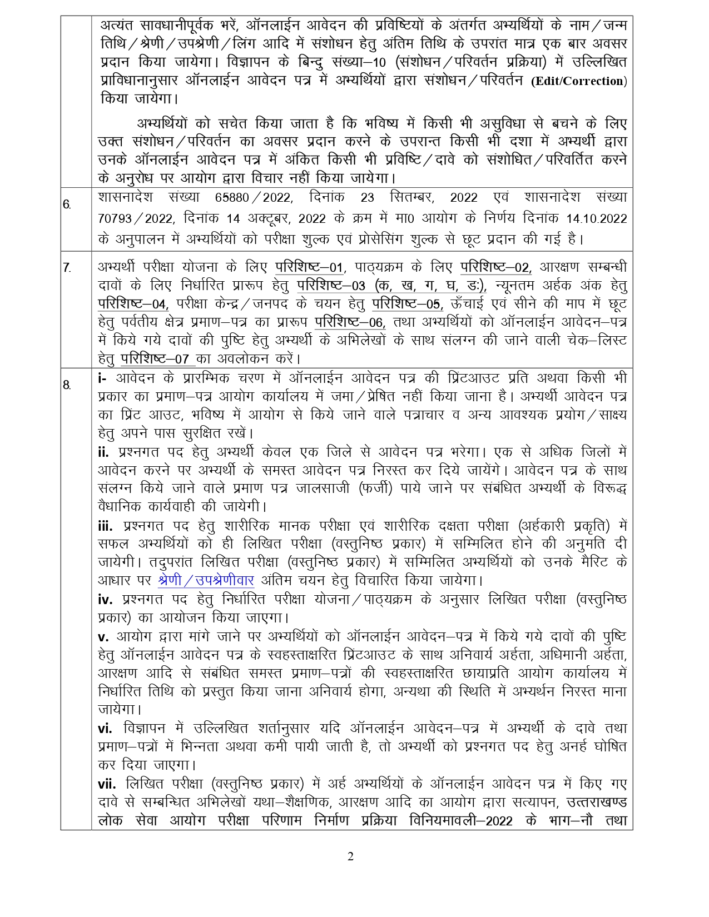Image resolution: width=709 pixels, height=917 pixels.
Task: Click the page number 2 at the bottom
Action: point(350,856)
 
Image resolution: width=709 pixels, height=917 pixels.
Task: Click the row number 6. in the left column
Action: point(67,204)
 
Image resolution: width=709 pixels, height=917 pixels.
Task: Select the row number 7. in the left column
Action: point(67,268)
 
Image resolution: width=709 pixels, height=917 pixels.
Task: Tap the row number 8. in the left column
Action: point(67,385)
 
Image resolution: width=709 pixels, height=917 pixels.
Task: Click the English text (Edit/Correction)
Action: point(579,81)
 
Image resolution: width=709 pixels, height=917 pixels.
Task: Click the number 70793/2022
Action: point(133,218)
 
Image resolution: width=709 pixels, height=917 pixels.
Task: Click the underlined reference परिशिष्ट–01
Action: point(310,267)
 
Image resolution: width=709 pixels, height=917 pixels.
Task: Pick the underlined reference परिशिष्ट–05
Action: point(408,304)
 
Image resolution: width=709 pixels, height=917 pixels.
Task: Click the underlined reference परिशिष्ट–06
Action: point(350,322)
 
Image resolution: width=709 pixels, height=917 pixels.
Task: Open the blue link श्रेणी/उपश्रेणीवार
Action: point(206,581)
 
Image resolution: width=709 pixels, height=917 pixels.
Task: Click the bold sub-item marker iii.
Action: point(105,526)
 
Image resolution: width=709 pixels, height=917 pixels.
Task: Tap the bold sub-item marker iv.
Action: point(105,600)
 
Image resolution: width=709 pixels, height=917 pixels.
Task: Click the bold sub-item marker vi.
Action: point(105,729)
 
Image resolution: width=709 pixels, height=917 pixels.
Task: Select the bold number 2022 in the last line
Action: point(499,821)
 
